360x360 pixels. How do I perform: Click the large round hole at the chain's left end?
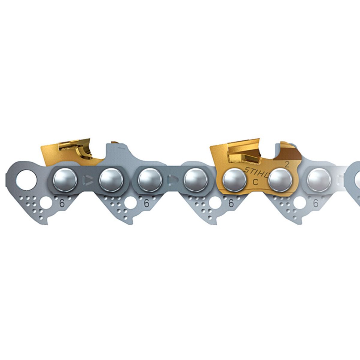[x=27, y=181]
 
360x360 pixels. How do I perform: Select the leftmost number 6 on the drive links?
[x=62, y=203]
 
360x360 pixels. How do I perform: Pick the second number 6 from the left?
[x=146, y=203]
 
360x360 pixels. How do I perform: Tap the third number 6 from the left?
[x=231, y=203]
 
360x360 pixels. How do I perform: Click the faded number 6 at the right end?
[x=316, y=203]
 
